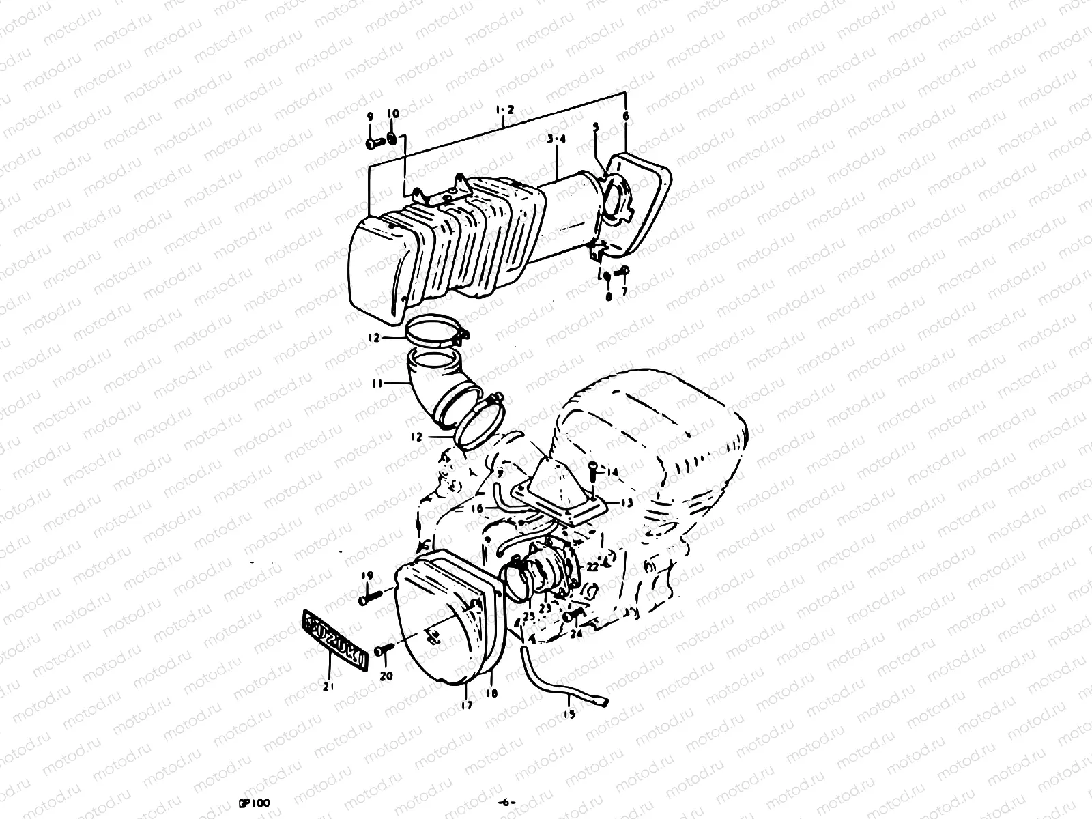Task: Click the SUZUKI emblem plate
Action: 335,640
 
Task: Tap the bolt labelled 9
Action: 374,143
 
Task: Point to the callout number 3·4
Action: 557,139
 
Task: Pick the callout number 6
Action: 626,116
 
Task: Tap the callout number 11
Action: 375,383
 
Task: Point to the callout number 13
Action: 626,502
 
